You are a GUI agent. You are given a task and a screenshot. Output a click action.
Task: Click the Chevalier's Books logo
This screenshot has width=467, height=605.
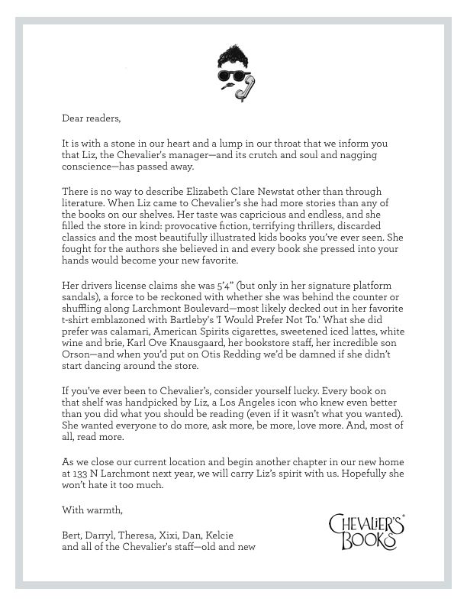tap(366, 530)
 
